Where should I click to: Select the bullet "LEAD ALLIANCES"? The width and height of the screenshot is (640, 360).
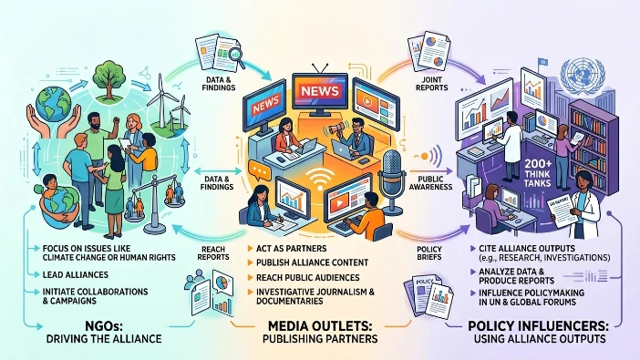tap(77, 273)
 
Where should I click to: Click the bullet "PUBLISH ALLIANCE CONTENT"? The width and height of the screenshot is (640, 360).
tap(312, 262)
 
